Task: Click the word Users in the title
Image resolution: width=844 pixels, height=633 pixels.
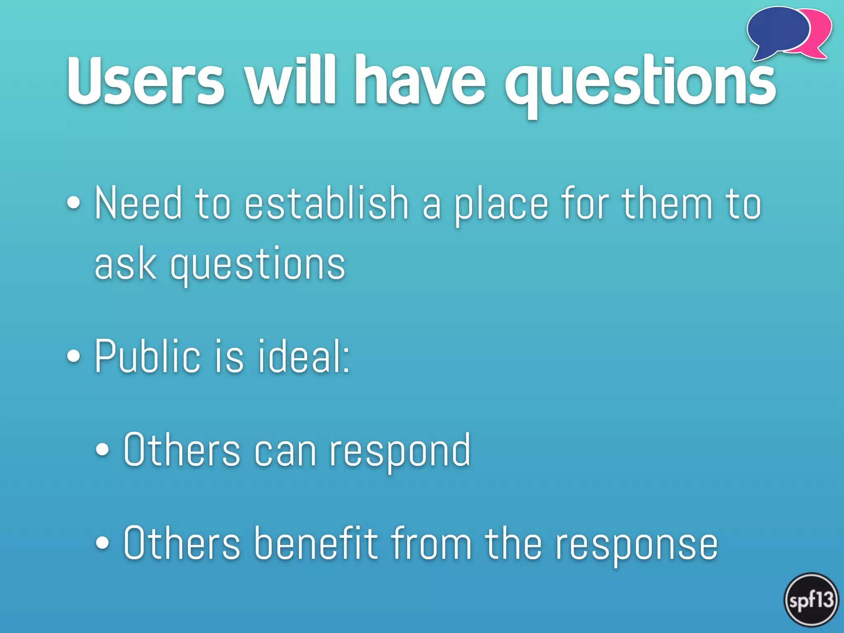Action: pyautogui.click(x=146, y=80)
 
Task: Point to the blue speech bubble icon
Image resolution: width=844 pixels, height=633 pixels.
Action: pyautogui.click(x=777, y=31)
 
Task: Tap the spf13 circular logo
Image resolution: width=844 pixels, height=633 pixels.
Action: pyautogui.click(x=811, y=600)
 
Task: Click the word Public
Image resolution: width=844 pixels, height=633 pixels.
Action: pyautogui.click(x=148, y=356)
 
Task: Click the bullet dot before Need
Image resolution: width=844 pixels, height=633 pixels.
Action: pyautogui.click(x=74, y=203)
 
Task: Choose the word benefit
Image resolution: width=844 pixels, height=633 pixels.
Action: pyautogui.click(x=315, y=544)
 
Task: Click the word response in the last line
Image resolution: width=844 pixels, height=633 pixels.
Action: pyautogui.click(x=637, y=546)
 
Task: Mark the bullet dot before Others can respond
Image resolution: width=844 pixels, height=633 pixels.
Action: pyautogui.click(x=102, y=450)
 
